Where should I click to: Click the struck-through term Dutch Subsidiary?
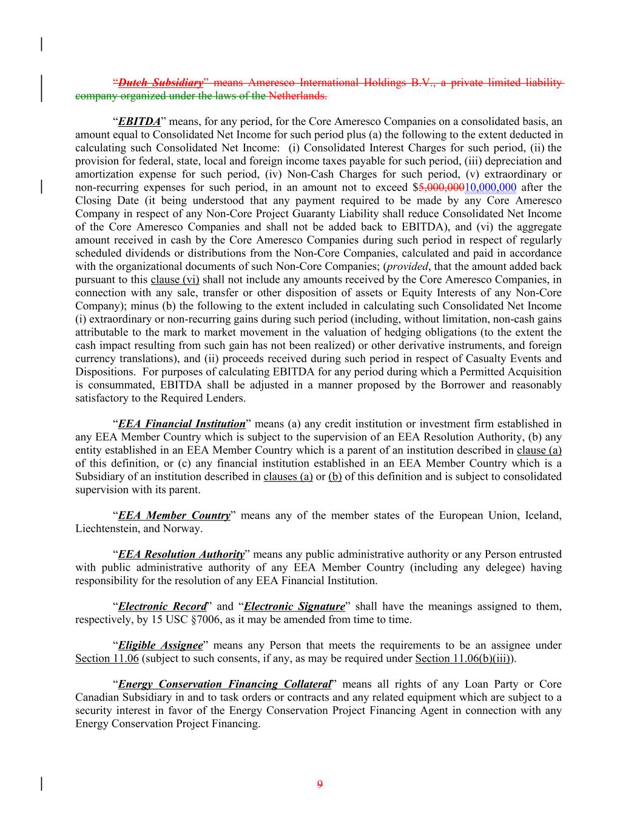click(160, 82)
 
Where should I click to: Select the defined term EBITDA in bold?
click(139, 121)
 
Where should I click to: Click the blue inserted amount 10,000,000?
click(490, 187)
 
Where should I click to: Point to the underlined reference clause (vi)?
click(175, 280)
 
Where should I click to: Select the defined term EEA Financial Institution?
click(181, 424)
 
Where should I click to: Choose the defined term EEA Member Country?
click(174, 516)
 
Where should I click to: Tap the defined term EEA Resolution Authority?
click(181, 554)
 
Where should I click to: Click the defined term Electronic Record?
click(162, 607)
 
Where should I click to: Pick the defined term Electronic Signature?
click(294, 607)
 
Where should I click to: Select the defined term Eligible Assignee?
click(160, 645)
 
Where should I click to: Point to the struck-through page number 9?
click(320, 784)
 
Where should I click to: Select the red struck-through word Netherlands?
click(297, 96)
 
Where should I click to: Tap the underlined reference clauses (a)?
click(288, 477)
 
